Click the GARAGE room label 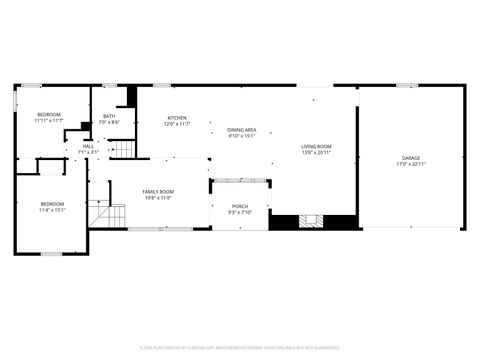(410, 157)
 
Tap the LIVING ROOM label (317, 146)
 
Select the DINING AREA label (242, 130)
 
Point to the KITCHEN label (177, 118)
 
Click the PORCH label (240, 205)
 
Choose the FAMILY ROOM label (157, 191)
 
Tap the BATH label (109, 116)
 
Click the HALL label (88, 146)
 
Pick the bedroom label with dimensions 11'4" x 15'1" (52, 204)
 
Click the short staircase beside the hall (121, 149)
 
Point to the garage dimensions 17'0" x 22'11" (410, 164)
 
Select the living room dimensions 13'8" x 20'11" (317, 153)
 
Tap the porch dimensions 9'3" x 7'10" (240, 212)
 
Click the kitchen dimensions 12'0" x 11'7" (177, 124)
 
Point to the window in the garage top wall (407, 86)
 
